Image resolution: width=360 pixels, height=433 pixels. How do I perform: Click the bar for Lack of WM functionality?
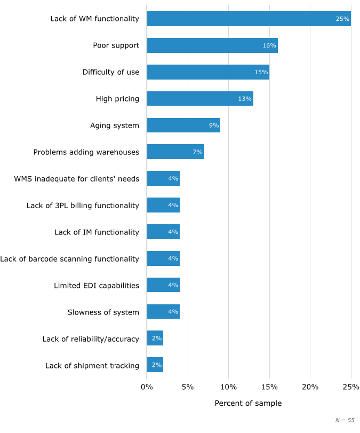[249, 19]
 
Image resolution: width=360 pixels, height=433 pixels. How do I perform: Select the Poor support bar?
[212, 45]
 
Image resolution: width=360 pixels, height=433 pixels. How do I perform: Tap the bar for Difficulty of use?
[208, 72]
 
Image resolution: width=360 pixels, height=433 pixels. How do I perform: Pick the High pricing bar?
[200, 99]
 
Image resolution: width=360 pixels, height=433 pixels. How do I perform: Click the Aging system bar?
[183, 125]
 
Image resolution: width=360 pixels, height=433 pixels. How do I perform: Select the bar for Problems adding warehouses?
[175, 152]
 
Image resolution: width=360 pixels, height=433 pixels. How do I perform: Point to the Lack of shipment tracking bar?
[155, 365]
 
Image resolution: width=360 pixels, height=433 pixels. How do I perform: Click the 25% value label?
[342, 19]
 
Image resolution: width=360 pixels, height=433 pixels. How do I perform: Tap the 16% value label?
[269, 45]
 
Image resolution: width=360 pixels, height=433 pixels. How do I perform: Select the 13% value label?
[244, 99]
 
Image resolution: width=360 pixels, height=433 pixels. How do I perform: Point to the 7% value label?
[197, 152]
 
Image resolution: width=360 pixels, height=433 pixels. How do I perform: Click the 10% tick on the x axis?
[228, 387]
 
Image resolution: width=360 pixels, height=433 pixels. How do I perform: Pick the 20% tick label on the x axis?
[310, 387]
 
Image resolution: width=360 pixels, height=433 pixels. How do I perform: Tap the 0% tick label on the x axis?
[147, 387]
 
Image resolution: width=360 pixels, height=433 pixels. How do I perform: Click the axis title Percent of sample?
[248, 403]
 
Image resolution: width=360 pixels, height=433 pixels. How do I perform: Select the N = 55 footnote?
[345, 420]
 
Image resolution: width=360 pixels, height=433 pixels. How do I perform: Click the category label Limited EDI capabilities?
[96, 286]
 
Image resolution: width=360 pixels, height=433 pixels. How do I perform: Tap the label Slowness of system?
[103, 312]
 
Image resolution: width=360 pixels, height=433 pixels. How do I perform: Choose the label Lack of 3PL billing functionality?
[83, 206]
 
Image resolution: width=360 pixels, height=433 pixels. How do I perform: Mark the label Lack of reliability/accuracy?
[91, 339]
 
